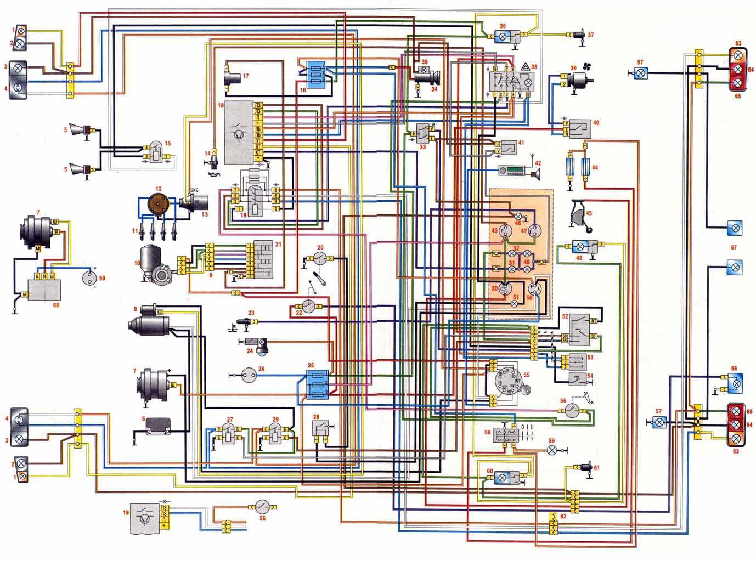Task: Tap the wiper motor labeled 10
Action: (157, 264)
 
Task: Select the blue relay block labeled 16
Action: (315, 73)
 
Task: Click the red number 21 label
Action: (278, 245)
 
